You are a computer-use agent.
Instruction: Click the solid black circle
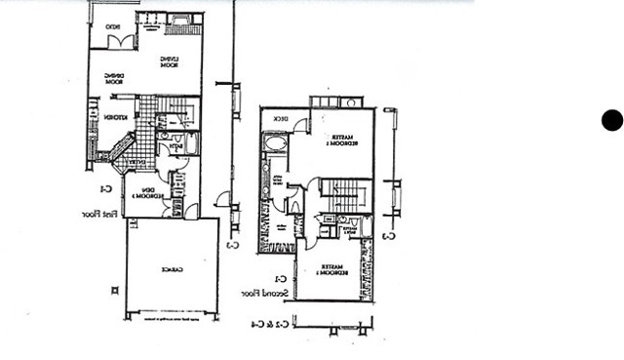(x=611, y=120)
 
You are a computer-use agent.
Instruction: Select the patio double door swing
(x=121, y=42)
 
